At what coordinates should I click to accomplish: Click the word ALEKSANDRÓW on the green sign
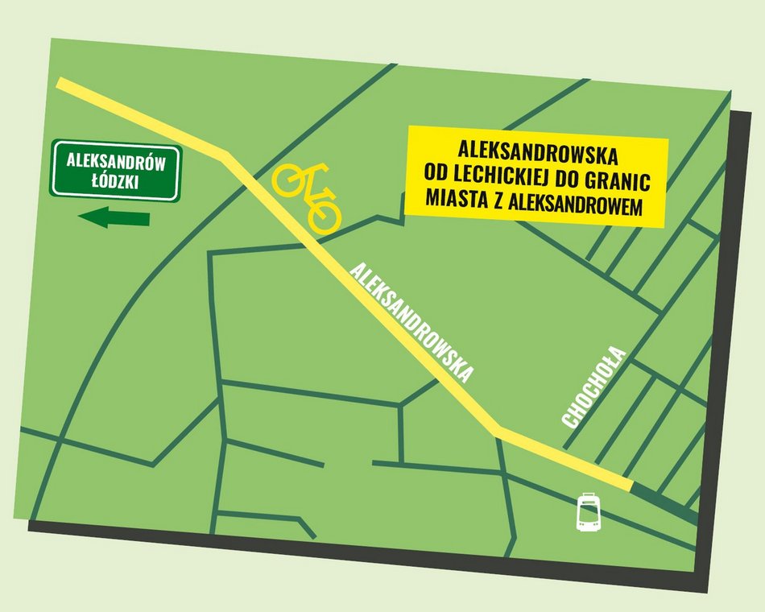(116, 161)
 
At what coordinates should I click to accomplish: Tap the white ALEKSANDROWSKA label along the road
(411, 323)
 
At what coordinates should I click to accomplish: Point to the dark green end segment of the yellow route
(665, 502)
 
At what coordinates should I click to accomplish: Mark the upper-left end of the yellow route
(61, 83)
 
